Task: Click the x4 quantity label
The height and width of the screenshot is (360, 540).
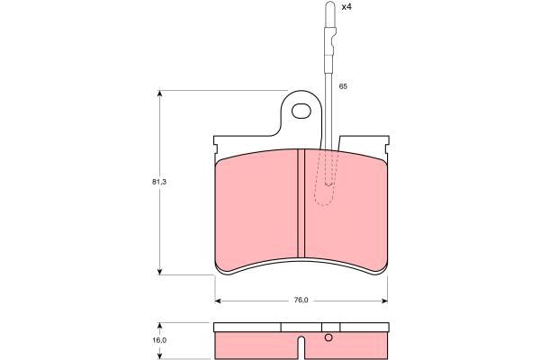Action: (346, 6)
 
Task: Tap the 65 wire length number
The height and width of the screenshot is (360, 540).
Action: (343, 86)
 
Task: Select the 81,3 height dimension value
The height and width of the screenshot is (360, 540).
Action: (159, 182)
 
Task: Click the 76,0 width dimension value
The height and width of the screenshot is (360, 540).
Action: (301, 300)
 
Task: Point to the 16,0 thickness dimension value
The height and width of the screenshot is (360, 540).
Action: (159, 340)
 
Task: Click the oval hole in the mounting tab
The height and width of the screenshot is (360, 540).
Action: (301, 112)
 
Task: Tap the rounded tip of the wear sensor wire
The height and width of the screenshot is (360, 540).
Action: (330, 4)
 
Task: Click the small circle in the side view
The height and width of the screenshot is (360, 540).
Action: (328, 338)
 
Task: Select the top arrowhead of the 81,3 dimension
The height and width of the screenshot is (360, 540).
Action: (159, 94)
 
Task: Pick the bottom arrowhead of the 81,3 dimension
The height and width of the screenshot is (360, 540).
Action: (159, 272)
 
